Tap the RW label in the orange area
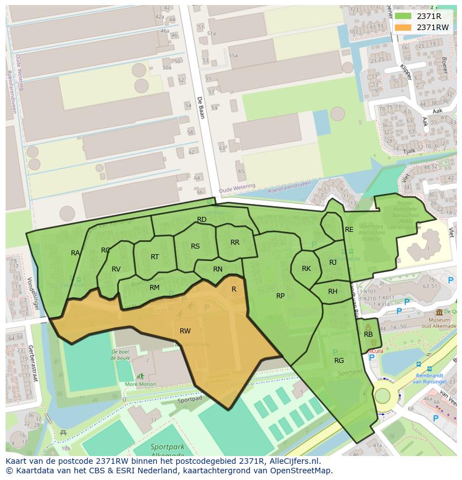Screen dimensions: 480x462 tap(185, 331)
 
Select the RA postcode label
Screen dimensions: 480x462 tap(75, 253)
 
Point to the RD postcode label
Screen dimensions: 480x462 tap(202, 220)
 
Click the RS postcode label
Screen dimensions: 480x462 tap(195, 246)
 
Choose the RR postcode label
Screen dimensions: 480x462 tap(235, 243)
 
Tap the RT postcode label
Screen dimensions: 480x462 tap(155, 257)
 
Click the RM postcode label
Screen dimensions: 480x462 tap(155, 288)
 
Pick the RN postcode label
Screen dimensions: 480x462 tap(218, 269)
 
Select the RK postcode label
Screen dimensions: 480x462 tap(306, 269)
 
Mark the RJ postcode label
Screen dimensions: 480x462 tap(333, 263)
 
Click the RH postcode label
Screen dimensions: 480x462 tap(333, 292)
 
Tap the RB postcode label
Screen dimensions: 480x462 tap(368, 334)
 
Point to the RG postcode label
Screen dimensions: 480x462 tap(339, 361)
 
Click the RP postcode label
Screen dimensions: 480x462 tap(281, 296)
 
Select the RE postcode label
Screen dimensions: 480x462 tap(349, 230)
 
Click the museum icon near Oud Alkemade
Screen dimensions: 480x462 tap(439, 312)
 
